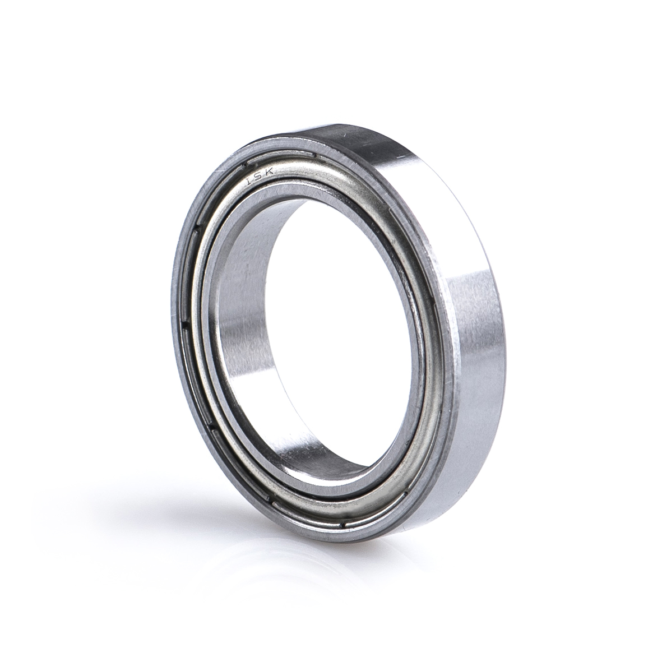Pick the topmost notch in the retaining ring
pos(316,155)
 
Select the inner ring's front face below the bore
pos(336,493)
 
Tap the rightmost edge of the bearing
pos(505,336)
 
